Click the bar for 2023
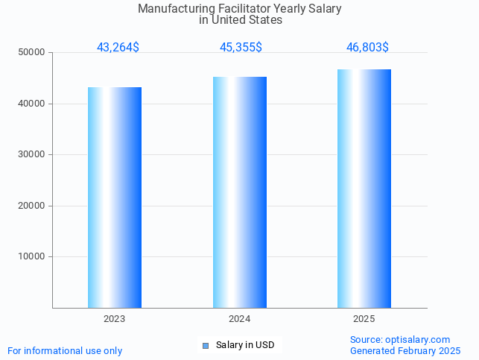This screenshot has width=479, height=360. pos(115,198)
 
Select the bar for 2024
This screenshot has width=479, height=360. pos(240,192)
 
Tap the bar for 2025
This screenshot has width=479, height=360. pos(364,189)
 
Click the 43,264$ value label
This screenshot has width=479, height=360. pos(118,48)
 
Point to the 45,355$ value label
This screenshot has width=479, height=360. pos(241,48)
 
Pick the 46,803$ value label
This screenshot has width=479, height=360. pos(367,48)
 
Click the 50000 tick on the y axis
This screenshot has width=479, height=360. pos(32,53)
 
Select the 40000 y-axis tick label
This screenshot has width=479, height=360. pos(32,104)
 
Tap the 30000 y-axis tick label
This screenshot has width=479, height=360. pos(32,155)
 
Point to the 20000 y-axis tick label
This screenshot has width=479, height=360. pos(32,206)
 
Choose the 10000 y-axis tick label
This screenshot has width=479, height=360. pos(32,257)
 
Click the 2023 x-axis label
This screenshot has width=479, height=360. pos(115,319)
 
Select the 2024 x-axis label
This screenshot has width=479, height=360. pos(240,319)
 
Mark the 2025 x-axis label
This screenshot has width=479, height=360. pos(364,319)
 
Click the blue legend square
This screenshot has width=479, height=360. pos(206,346)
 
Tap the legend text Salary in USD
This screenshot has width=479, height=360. pos(245,345)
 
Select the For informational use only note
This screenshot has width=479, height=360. pos(65,351)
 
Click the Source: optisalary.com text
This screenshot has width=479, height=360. pos(400,340)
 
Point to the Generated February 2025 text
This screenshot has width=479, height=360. pos(405,351)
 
